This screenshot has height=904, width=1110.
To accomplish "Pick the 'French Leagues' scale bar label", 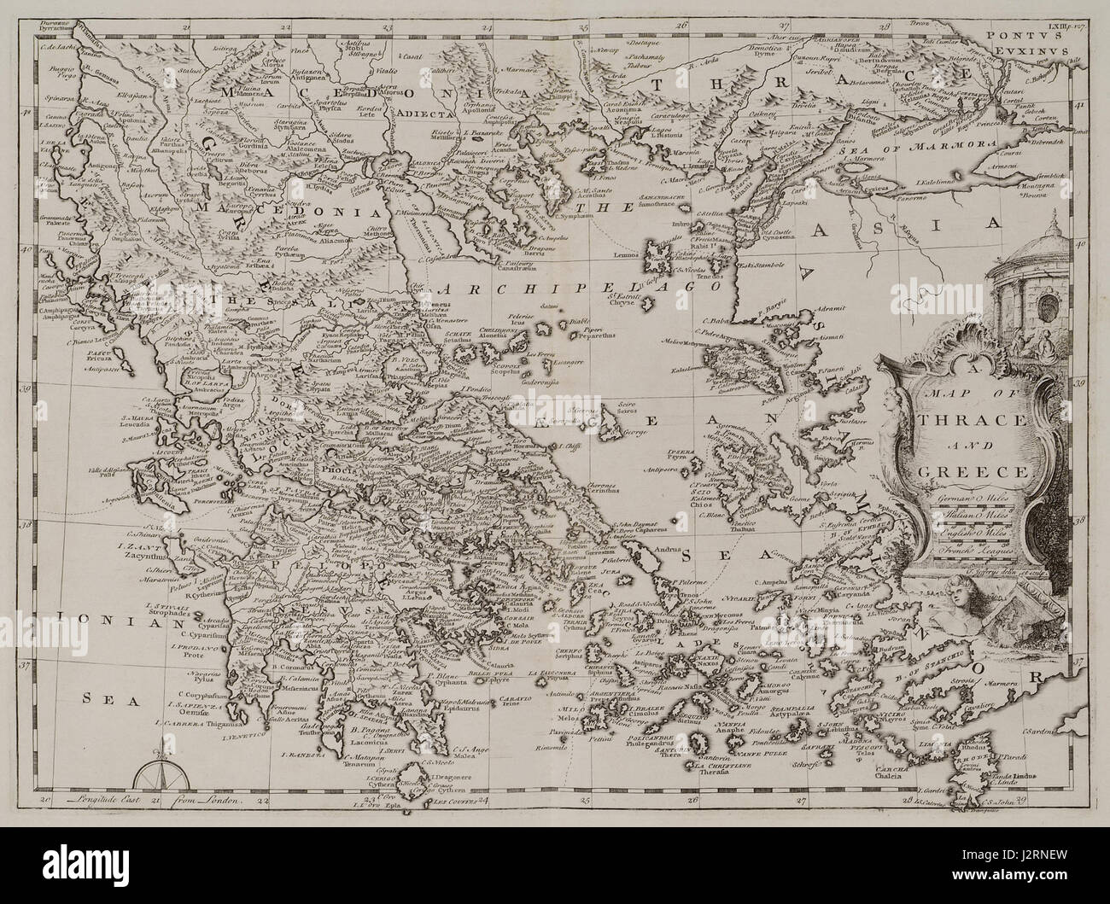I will [x=973, y=551].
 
